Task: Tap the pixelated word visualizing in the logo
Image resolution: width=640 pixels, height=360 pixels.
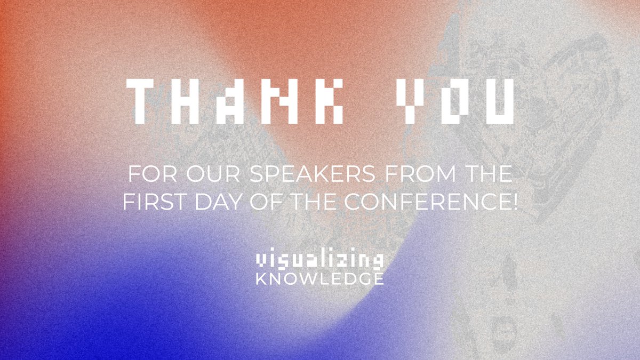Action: [319, 261]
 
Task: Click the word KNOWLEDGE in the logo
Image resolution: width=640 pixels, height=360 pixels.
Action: [319, 278]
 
